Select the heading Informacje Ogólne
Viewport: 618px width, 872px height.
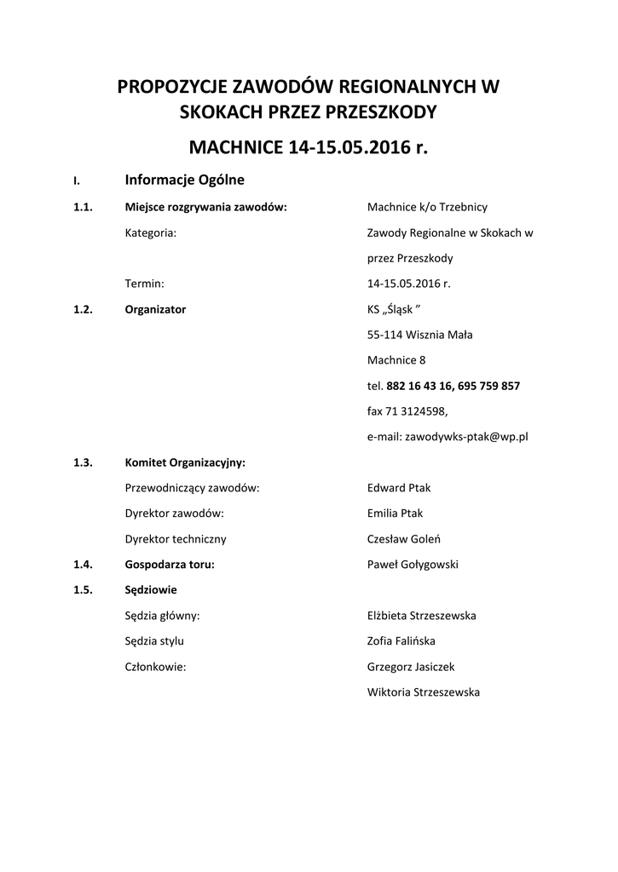[x=184, y=180]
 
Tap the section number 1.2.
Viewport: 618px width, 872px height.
[x=83, y=309]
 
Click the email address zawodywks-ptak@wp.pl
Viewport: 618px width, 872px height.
[x=467, y=437]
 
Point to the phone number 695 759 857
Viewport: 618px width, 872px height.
[x=488, y=386]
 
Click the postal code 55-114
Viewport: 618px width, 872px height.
[x=386, y=335]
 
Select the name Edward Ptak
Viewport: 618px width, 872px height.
[x=399, y=488]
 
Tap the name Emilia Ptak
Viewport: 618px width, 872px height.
[x=395, y=513]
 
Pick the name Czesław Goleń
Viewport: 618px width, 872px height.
[x=403, y=539]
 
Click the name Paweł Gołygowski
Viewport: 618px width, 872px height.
[x=413, y=565]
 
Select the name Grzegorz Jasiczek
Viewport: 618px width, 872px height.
[x=411, y=667]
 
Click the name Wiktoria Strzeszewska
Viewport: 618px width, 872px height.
[x=423, y=692]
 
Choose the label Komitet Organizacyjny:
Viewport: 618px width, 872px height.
[x=185, y=462]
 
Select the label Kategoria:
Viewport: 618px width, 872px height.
[x=151, y=232]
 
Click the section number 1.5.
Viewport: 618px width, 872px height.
[x=83, y=590]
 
